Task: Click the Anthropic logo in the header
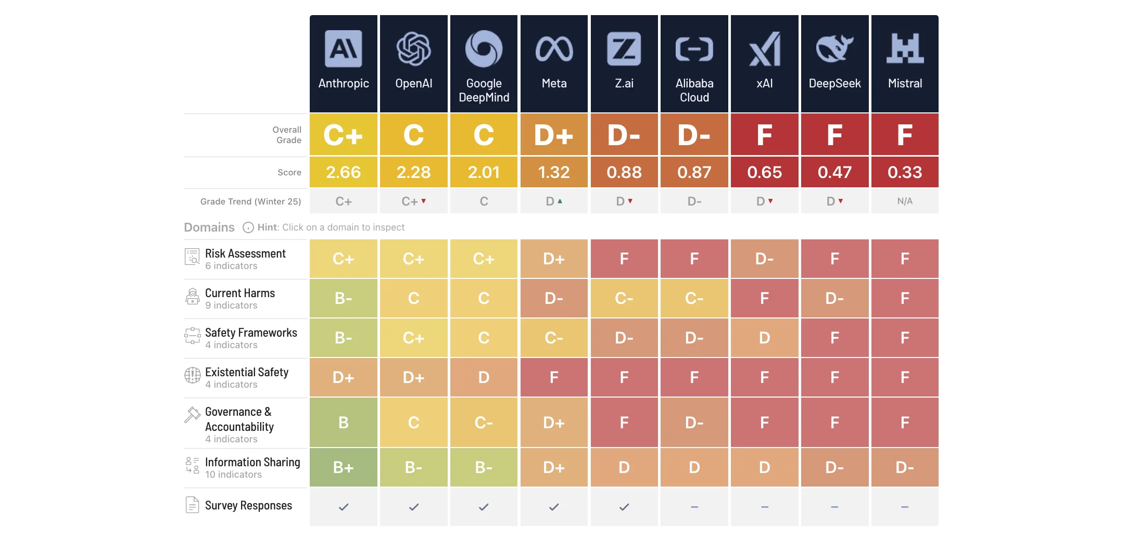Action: (344, 49)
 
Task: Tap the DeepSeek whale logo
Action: (834, 48)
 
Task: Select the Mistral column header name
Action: (905, 83)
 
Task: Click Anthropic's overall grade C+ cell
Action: (344, 135)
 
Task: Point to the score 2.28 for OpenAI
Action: (414, 172)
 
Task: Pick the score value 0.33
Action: (905, 172)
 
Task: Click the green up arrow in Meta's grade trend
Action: (560, 201)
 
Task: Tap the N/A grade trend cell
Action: (905, 201)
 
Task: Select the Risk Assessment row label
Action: (245, 253)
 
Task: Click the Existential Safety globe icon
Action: (193, 375)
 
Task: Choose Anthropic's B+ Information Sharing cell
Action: (344, 467)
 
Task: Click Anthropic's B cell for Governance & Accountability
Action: (344, 423)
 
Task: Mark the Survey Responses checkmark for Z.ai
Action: (624, 507)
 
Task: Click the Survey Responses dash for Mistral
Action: (905, 507)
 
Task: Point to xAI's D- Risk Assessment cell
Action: (765, 259)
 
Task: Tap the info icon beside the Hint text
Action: (248, 227)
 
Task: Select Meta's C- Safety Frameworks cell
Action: (554, 338)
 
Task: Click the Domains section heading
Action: (209, 227)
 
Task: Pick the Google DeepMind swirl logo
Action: (484, 49)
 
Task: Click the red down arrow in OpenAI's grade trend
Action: (424, 201)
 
